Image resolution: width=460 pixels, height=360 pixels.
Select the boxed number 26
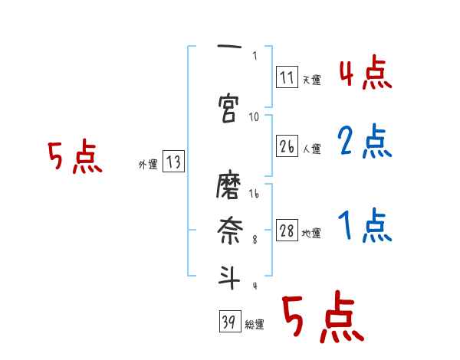pos(287,147)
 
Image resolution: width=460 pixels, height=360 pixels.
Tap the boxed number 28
pos(287,231)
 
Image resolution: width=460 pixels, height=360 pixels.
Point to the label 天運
pos(311,79)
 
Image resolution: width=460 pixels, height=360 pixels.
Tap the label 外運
pos(148,164)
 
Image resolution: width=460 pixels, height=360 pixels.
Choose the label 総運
pos(255,325)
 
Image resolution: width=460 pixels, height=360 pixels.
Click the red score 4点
pos(364,74)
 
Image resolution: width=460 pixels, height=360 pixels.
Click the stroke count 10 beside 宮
pos(254,117)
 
